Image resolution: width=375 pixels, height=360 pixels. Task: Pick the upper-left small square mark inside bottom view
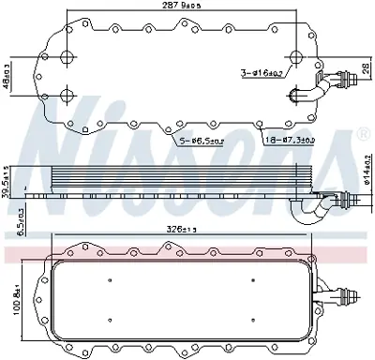tap(110, 279)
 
